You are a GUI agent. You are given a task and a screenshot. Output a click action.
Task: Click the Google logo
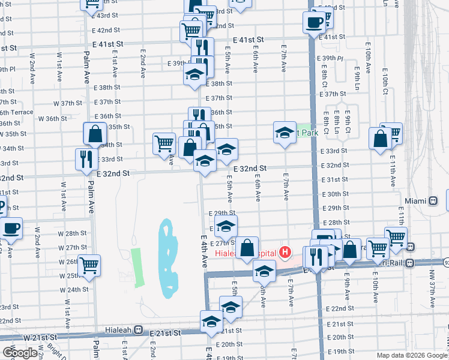click(x=20, y=352)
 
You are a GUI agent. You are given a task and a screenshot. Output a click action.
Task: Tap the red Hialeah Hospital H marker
click(x=285, y=253)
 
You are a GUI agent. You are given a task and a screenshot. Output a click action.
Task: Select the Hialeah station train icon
click(x=138, y=329)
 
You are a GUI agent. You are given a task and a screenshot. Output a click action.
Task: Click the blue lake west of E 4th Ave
click(x=168, y=258)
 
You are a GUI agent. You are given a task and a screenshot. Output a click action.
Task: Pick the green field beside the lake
click(x=136, y=267)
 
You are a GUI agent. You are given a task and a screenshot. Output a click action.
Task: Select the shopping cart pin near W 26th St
click(x=89, y=264)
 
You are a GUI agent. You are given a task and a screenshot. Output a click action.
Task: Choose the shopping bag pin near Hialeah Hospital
click(x=247, y=247)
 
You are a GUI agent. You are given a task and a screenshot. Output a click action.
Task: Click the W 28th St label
click(x=76, y=233)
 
